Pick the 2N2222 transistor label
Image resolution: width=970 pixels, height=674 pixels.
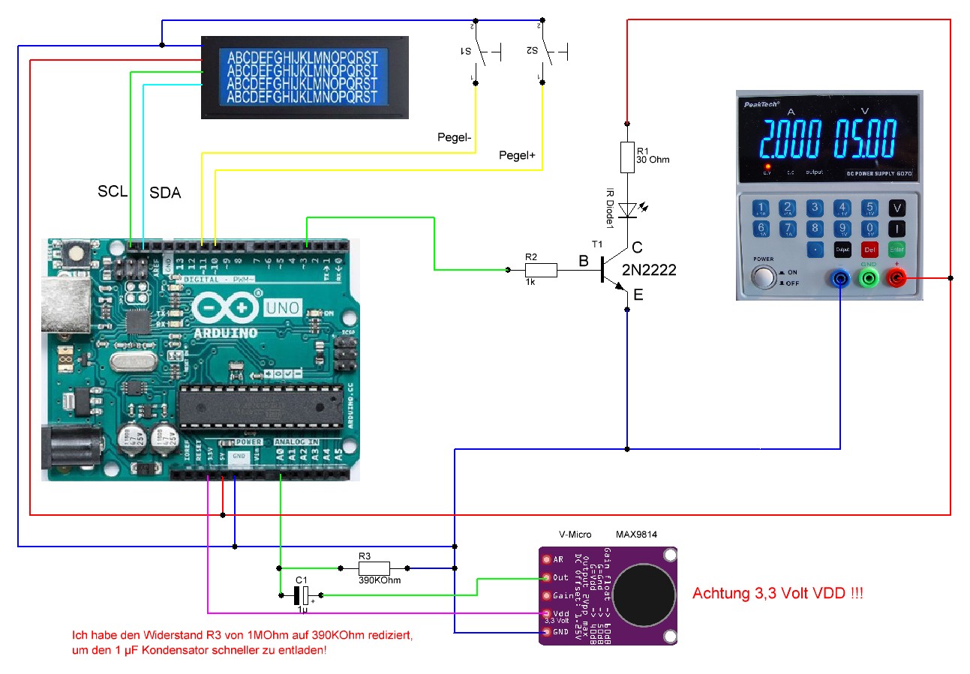click(x=649, y=270)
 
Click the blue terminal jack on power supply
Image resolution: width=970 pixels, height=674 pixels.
click(x=839, y=279)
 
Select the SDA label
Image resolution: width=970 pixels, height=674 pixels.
click(x=165, y=193)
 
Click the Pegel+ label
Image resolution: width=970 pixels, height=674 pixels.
click(x=517, y=155)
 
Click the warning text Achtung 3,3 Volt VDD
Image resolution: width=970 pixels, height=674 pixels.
click(x=777, y=593)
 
